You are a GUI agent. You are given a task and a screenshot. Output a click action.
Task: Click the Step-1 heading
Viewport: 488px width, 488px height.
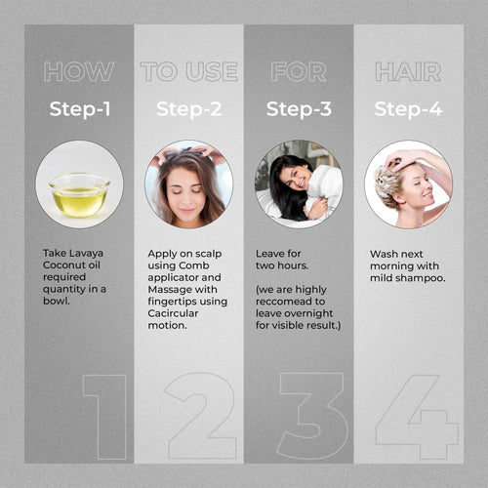[80, 109]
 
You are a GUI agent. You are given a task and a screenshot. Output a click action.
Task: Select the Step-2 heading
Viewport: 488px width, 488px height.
[189, 109]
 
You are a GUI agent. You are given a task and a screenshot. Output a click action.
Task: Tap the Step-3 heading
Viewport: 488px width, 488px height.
[299, 109]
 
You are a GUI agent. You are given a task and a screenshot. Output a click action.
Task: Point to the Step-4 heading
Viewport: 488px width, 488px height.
[408, 109]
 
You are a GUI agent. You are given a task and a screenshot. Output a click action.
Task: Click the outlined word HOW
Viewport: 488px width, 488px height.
[79, 71]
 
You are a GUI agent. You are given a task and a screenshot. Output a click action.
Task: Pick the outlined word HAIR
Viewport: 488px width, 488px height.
[408, 71]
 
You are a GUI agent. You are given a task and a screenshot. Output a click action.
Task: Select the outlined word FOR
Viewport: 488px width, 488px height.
[299, 71]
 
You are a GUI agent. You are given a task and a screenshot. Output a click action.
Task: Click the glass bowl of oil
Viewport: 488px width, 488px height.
[79, 195]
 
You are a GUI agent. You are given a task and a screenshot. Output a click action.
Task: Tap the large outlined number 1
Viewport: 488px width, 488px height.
[104, 417]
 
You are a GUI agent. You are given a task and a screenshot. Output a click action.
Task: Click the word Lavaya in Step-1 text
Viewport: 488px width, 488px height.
[86, 254]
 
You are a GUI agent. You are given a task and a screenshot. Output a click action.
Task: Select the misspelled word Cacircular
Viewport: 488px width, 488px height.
[173, 313]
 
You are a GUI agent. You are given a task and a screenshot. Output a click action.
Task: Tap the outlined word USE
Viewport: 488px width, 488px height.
[212, 71]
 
